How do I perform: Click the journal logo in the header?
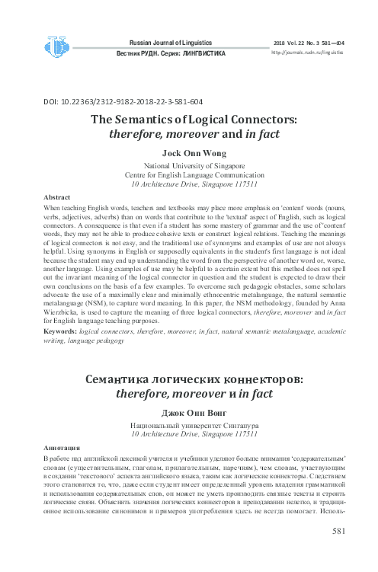(56, 47)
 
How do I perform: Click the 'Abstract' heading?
(59, 197)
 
